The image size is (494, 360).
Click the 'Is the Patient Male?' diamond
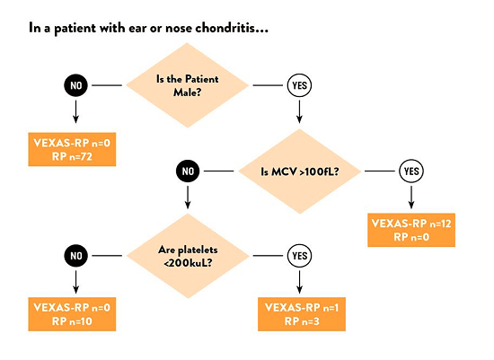click(x=188, y=85)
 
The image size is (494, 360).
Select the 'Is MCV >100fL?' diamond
click(x=300, y=171)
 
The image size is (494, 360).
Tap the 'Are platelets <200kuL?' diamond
click(x=188, y=256)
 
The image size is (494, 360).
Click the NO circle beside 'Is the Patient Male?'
click(x=75, y=85)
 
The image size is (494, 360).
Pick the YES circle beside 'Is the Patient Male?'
click(x=299, y=85)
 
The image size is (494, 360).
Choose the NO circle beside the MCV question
click(x=188, y=171)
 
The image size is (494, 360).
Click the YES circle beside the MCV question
click(x=411, y=171)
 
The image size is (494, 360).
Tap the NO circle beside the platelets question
click(x=75, y=256)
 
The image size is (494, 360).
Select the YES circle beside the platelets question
click(x=299, y=256)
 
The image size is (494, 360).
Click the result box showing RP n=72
click(x=72, y=149)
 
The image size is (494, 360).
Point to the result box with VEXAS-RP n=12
click(x=411, y=230)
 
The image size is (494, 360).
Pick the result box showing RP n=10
click(x=72, y=314)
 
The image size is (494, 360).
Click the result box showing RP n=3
click(x=302, y=314)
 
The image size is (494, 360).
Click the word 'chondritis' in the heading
click(x=232, y=28)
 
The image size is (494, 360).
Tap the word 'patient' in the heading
click(x=75, y=29)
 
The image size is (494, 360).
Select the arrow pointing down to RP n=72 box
click(x=75, y=111)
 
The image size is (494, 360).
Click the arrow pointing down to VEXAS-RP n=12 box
click(x=411, y=198)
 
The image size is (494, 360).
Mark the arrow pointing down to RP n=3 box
click(x=299, y=282)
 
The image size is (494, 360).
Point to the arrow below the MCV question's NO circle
click(x=188, y=198)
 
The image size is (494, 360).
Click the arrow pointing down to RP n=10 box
click(x=75, y=282)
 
